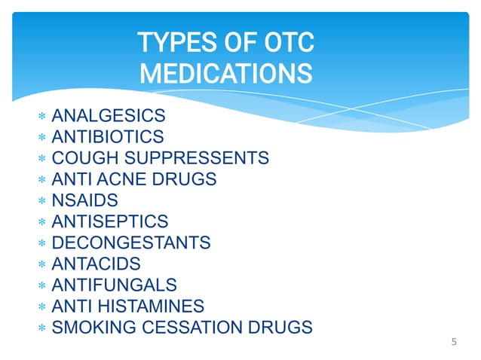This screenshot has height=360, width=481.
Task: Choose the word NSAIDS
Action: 80,201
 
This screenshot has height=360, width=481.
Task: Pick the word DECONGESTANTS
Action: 130,243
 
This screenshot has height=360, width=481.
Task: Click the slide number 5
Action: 454,343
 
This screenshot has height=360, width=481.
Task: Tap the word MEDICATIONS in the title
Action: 225,74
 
